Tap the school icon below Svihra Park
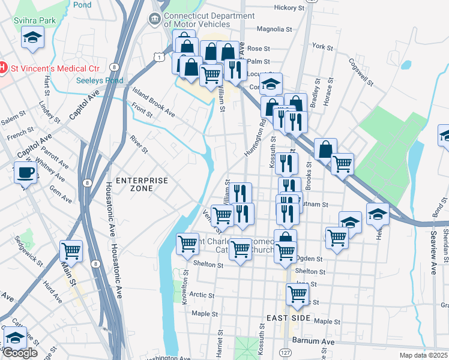point(31,39)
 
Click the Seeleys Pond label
point(100,80)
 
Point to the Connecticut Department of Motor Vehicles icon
point(155,19)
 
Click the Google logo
point(20,352)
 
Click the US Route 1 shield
point(158,56)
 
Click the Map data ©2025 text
point(417,355)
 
